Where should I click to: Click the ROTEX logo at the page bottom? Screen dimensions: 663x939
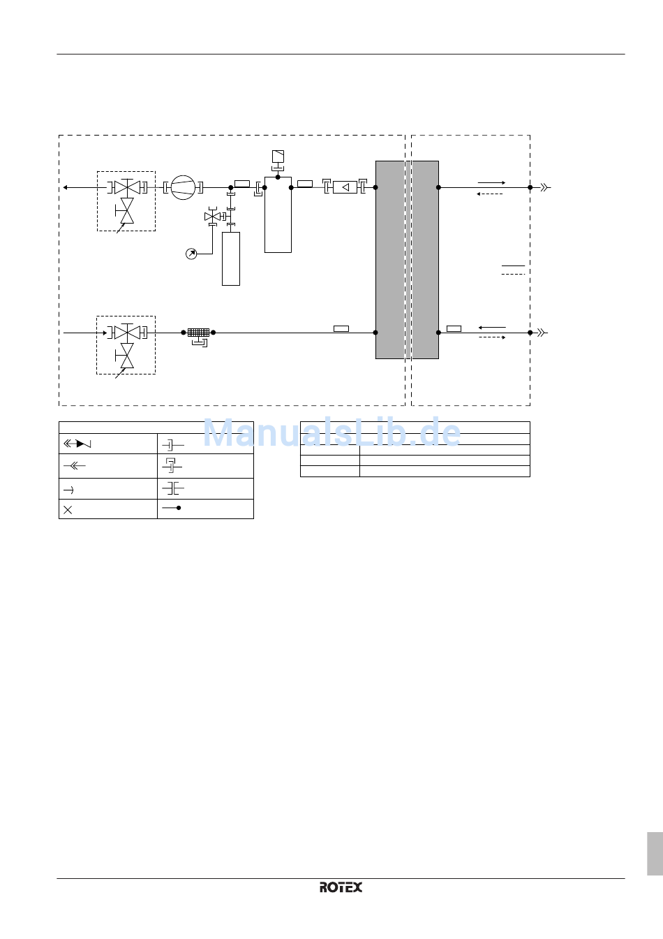coord(341,887)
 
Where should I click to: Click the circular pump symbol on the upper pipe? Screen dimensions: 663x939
coord(183,187)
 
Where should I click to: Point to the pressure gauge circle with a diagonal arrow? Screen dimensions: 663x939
coord(191,254)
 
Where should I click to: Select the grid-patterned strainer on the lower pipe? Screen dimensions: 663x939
coord(198,333)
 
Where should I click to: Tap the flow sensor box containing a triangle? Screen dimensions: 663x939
coord(345,187)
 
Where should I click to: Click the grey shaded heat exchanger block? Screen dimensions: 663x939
coord(407,260)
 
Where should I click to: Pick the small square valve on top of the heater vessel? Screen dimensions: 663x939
coord(278,156)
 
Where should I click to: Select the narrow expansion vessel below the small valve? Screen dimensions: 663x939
coord(231,259)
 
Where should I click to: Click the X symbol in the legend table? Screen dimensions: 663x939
coord(68,510)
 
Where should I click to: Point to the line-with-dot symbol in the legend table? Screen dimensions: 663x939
coord(171,508)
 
